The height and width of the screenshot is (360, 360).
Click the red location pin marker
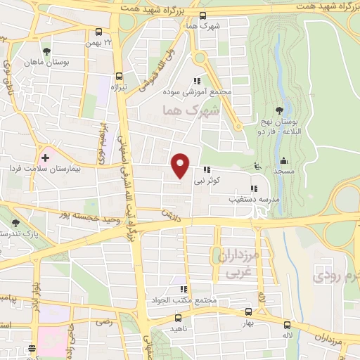pos(181,165)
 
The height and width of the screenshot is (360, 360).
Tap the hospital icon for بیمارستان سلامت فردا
pos(46,156)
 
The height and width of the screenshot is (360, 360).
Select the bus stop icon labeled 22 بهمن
pos(98,32)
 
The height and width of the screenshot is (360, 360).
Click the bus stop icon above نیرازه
pos(119,76)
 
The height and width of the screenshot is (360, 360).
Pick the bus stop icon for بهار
pos(248,311)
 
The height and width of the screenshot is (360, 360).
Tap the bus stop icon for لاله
pos(287,325)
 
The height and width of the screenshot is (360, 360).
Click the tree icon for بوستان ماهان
pos(46,51)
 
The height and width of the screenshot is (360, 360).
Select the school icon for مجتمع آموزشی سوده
pos(206,81)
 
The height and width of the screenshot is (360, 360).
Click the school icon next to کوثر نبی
pos(207,169)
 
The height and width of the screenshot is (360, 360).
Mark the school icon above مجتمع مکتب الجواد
pos(184,289)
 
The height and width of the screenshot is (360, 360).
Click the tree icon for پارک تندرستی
pos(15,223)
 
